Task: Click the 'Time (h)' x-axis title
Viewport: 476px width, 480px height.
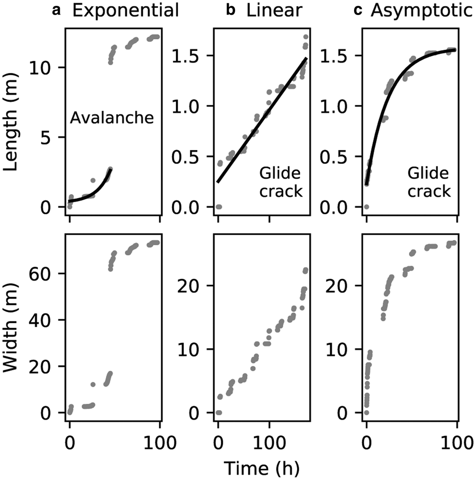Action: [x=261, y=468]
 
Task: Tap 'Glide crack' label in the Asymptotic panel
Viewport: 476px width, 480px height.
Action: [x=429, y=182]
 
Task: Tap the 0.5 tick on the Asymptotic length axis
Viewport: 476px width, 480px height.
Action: [x=339, y=156]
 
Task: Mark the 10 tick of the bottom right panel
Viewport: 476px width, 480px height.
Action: [x=342, y=349]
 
